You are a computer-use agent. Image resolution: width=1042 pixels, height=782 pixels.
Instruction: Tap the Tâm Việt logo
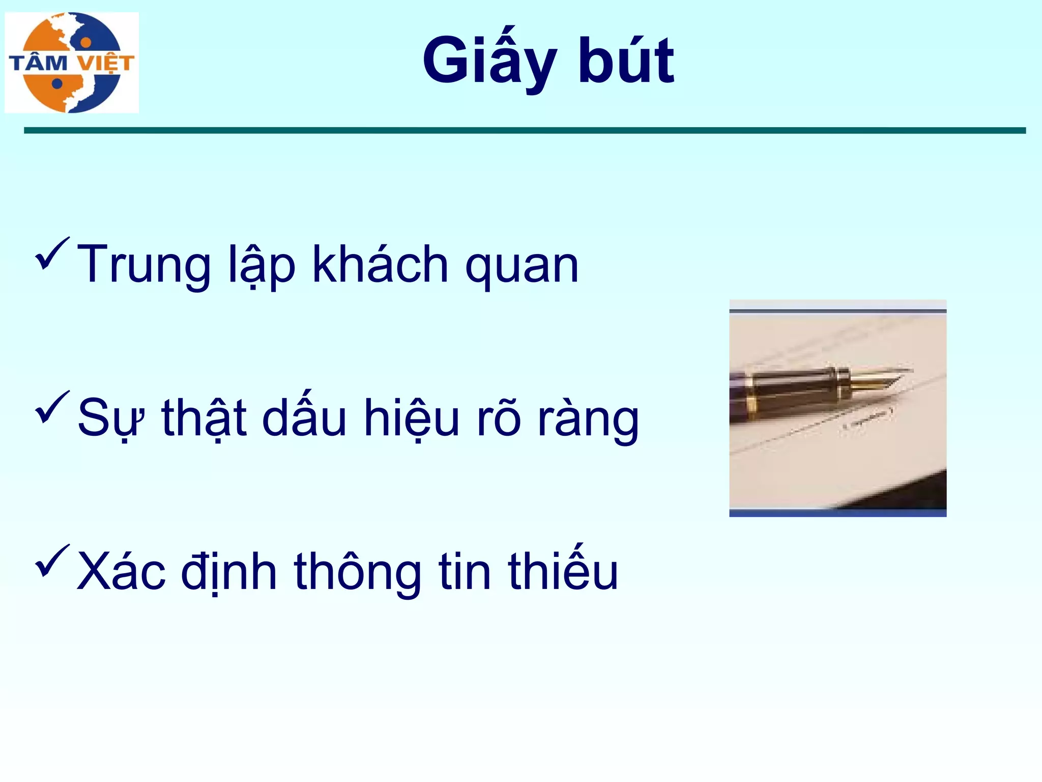pos(72,63)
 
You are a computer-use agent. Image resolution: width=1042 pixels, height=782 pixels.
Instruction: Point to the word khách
pos(380,265)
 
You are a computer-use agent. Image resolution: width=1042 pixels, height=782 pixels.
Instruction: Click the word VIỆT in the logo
pos(106,63)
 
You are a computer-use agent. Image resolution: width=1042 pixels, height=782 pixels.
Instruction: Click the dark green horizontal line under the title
pos(524,131)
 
